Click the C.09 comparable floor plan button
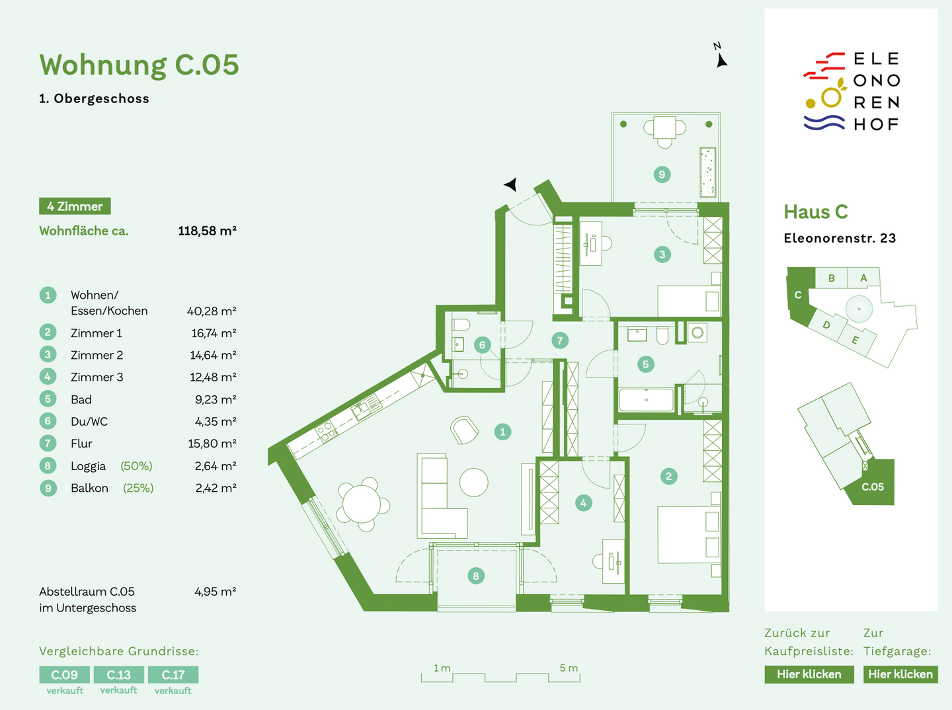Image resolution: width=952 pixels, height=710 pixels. [x=64, y=674]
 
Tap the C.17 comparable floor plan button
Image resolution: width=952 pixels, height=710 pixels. [x=173, y=674]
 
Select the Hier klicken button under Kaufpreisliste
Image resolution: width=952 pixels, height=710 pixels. [x=809, y=674]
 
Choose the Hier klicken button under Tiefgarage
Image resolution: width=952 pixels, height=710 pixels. [x=900, y=674]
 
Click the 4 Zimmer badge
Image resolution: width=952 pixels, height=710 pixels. [x=75, y=206]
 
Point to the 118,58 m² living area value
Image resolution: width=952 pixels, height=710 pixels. [x=208, y=231]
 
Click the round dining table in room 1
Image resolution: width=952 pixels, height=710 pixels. [x=361, y=504]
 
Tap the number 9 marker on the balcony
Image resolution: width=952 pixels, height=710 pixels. [x=662, y=175]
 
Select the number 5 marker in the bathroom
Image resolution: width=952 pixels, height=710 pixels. [x=645, y=364]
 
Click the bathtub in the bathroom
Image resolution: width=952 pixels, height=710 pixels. [x=646, y=399]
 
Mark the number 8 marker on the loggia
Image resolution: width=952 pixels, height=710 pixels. [x=476, y=576]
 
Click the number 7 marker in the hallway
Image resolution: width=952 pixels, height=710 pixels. [x=560, y=340]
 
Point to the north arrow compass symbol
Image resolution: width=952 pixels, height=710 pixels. [x=720, y=56]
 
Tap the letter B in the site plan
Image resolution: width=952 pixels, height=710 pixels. [x=832, y=278]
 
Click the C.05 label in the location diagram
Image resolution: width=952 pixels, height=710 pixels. [x=872, y=487]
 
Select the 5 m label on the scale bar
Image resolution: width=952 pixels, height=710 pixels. [x=569, y=668]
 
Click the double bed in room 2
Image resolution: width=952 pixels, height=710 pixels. [x=689, y=534]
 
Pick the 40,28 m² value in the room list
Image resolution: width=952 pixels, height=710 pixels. [x=212, y=311]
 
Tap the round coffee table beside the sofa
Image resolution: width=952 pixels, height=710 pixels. [x=473, y=483]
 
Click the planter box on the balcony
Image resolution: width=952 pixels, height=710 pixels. [x=707, y=172]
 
